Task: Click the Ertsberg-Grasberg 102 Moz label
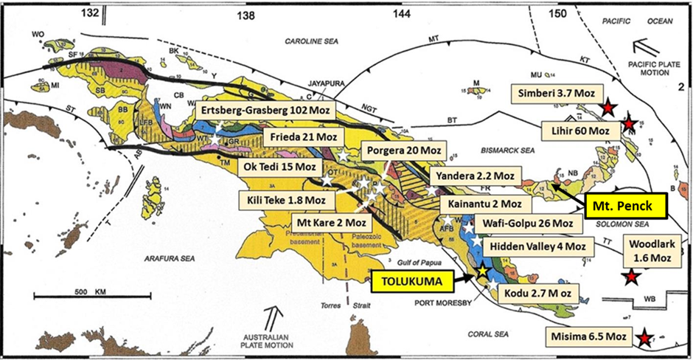click(266, 109)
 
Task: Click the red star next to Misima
click(645, 338)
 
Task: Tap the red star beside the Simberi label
click(607, 108)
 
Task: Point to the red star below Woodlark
click(631, 277)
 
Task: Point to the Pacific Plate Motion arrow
click(650, 44)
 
